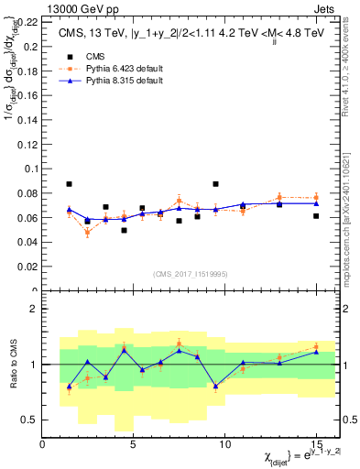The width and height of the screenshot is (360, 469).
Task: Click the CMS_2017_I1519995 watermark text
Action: click(188, 272)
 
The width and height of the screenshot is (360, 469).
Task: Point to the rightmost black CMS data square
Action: click(316, 216)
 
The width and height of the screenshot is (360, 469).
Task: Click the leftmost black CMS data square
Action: click(69, 184)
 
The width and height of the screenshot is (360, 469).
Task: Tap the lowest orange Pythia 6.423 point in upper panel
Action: click(87, 233)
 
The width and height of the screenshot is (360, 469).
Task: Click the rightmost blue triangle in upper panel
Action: click(316, 203)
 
